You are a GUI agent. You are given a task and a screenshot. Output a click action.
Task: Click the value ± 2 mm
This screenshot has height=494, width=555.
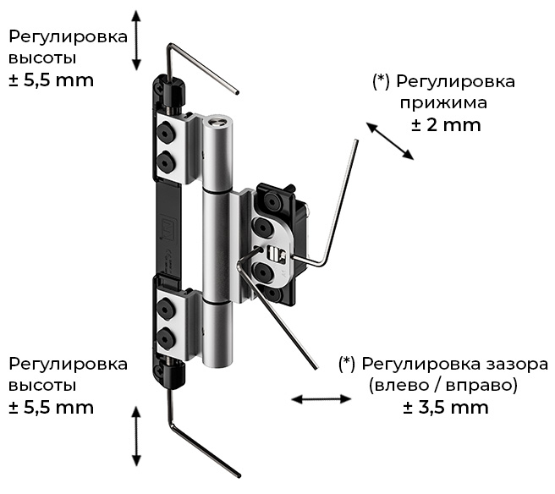[x=446, y=125]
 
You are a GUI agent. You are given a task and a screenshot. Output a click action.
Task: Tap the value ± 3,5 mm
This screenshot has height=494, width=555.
[x=446, y=407]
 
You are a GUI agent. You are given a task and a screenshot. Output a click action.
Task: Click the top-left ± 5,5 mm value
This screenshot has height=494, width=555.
[x=51, y=80]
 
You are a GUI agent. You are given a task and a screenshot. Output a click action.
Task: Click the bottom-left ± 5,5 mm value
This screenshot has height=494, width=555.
[x=51, y=407]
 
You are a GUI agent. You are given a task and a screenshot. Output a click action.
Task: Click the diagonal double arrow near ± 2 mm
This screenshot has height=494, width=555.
[x=390, y=140]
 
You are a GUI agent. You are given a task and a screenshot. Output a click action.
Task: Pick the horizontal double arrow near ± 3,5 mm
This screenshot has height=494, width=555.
[x=322, y=397]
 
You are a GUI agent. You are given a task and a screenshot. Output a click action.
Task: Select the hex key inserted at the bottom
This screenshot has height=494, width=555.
[x=203, y=444]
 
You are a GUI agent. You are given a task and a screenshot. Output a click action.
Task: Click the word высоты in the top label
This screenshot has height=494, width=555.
[x=42, y=58]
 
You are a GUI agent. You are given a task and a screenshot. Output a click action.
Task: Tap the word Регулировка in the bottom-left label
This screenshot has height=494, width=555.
[x=68, y=364]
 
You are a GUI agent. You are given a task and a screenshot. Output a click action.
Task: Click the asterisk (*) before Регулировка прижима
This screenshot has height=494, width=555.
[x=381, y=82]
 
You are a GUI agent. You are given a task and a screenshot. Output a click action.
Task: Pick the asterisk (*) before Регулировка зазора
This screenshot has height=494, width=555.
[x=347, y=364]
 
